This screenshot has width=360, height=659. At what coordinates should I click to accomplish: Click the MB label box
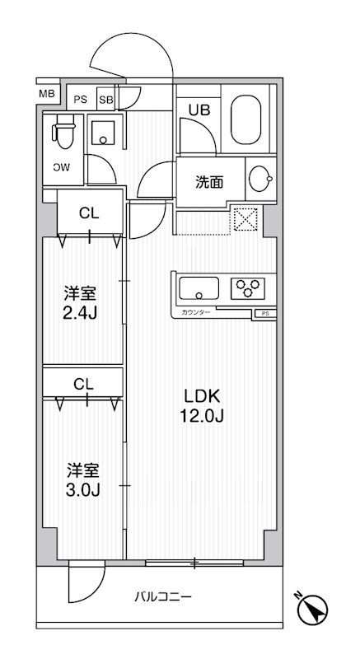(47, 94)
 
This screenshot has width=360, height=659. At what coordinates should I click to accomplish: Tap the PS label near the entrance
(80, 99)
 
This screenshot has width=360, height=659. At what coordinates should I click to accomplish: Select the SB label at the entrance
(105, 99)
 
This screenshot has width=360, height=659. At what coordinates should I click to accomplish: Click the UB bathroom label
(199, 109)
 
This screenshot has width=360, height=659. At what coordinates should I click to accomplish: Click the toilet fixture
(63, 132)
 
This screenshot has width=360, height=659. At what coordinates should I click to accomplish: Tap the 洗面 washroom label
(208, 183)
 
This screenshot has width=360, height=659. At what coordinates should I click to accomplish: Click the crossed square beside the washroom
(245, 219)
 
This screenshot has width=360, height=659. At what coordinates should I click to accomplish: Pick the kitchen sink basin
(199, 288)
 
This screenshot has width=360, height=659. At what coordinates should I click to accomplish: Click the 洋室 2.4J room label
(82, 301)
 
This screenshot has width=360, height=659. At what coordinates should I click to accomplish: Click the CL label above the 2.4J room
(89, 213)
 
